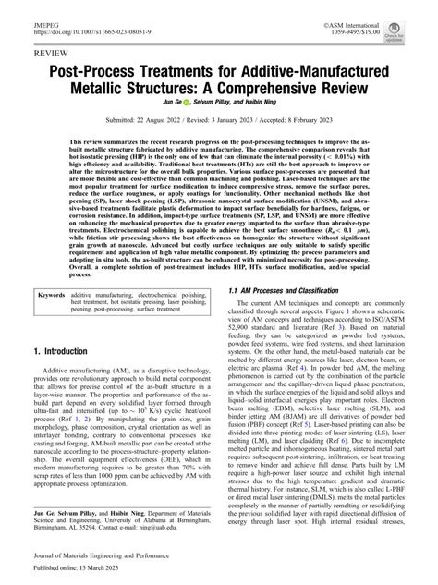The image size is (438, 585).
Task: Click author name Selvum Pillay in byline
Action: (218, 113)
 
